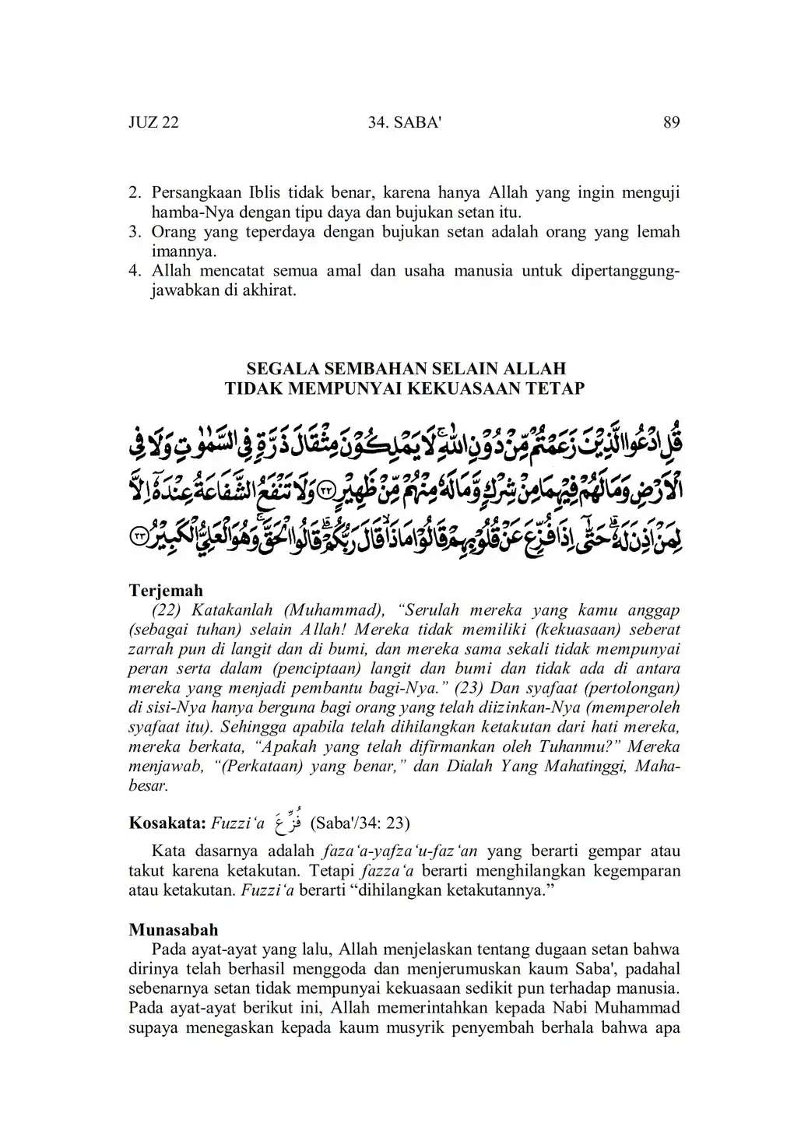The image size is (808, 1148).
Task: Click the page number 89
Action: pyautogui.click(x=672, y=123)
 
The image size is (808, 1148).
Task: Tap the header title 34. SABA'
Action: pyautogui.click(x=403, y=123)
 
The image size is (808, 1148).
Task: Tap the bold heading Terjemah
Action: pyautogui.click(x=165, y=591)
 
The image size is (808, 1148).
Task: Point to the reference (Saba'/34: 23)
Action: pyautogui.click(x=360, y=823)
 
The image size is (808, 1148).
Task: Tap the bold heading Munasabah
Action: pyautogui.click(x=173, y=930)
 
